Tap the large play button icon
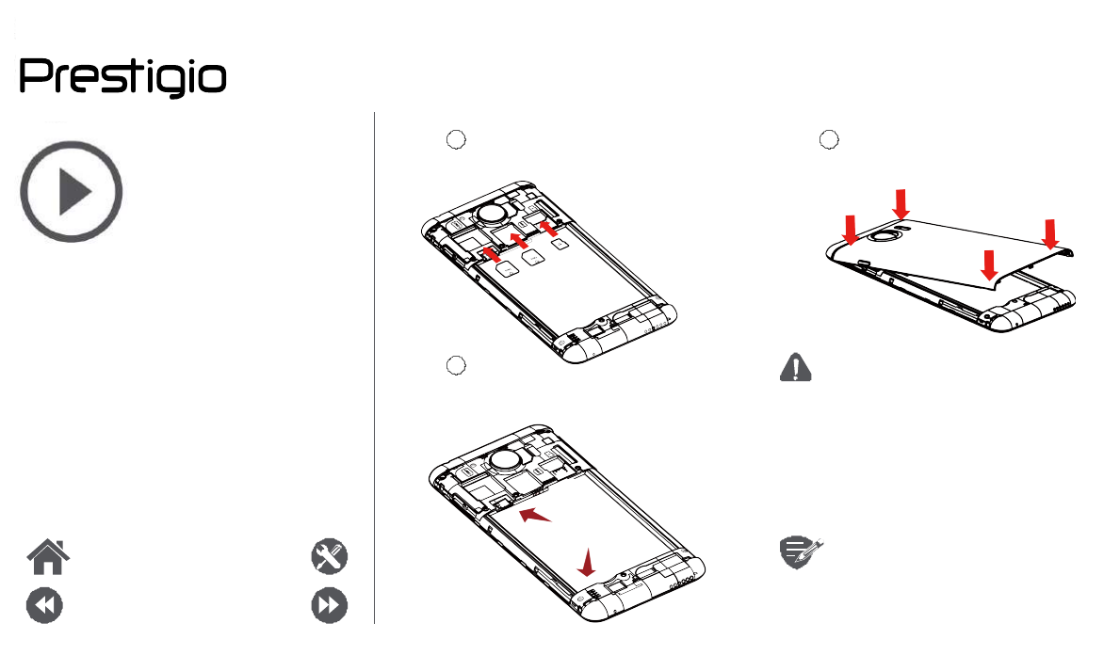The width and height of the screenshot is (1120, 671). tap(72, 192)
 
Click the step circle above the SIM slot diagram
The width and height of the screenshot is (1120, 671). tap(456, 138)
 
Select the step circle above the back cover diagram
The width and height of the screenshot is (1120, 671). tap(829, 138)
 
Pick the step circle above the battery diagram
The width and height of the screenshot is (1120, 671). tap(456, 365)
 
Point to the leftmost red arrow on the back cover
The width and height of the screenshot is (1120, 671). tap(850, 229)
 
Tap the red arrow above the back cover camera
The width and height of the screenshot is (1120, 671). tap(901, 202)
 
